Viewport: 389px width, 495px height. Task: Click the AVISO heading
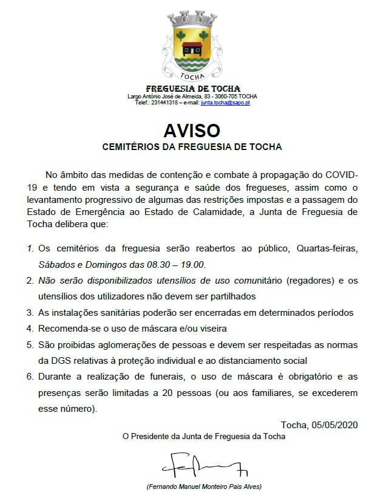(191, 131)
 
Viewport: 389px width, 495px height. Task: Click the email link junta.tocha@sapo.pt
(225, 103)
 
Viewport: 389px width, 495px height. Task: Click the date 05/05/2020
(333, 424)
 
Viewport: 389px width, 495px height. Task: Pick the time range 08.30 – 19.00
(179, 265)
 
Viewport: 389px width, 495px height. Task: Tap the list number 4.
(30, 329)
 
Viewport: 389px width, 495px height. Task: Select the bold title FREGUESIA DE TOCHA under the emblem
(192, 89)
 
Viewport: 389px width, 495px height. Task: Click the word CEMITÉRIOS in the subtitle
(130, 147)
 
